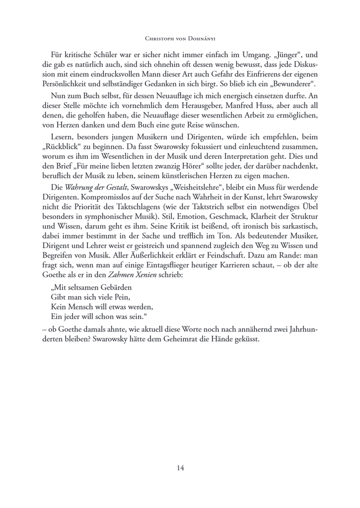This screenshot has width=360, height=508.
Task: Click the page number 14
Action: point(180,467)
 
